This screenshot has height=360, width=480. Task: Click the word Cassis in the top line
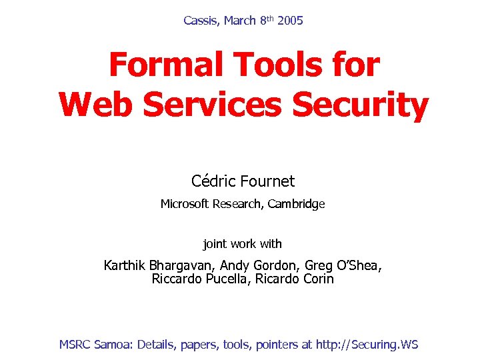coord(201,21)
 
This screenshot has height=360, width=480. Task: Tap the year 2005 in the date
coord(290,21)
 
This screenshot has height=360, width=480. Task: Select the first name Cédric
coord(212,181)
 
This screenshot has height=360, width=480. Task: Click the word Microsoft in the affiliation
coord(185,204)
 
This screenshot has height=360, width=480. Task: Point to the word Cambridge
coord(297,204)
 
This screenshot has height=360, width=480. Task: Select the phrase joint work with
coord(243,244)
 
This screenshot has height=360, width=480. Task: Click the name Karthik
coord(125,265)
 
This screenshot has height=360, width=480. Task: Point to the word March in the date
coord(240,21)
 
